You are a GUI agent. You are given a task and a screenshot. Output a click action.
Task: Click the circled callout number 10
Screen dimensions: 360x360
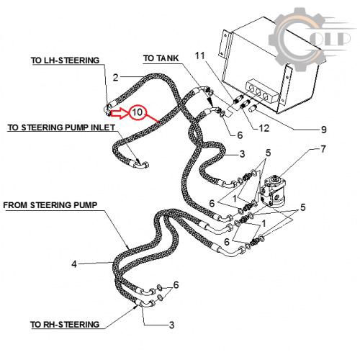pos(138,112)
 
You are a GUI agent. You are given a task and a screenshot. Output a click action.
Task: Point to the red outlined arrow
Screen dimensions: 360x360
pos(120,113)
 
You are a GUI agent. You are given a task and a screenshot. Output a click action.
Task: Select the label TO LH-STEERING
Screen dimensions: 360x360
pos(65,60)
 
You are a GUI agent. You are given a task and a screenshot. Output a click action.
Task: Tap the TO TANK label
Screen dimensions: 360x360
pos(161,58)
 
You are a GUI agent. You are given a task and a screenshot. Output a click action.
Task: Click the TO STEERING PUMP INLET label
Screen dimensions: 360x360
pos(61,127)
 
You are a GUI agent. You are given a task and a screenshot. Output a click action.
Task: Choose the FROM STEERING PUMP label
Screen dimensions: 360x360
pos(50,205)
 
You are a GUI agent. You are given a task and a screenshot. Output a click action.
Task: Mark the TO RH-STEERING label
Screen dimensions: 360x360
pos(65,325)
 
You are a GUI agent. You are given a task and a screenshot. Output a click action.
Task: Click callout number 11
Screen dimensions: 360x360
pos(200,55)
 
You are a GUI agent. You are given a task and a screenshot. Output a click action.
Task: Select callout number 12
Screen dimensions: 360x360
pos(264,128)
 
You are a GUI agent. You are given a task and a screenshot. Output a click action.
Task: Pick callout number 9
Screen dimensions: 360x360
pos(324,130)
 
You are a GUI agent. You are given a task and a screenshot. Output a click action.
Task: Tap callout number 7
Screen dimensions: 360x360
pos(323,149)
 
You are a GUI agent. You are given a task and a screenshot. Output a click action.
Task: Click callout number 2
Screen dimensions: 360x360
pos(116,78)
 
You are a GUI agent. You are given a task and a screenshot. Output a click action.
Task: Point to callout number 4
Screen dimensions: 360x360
pos(74,264)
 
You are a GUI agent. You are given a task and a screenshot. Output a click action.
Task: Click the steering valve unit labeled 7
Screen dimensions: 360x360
pos(273,191)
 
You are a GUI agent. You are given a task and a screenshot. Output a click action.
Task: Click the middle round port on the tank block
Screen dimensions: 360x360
pos(258,91)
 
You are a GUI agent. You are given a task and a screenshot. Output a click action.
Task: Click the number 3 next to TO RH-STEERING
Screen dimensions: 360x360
pos(171,325)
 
